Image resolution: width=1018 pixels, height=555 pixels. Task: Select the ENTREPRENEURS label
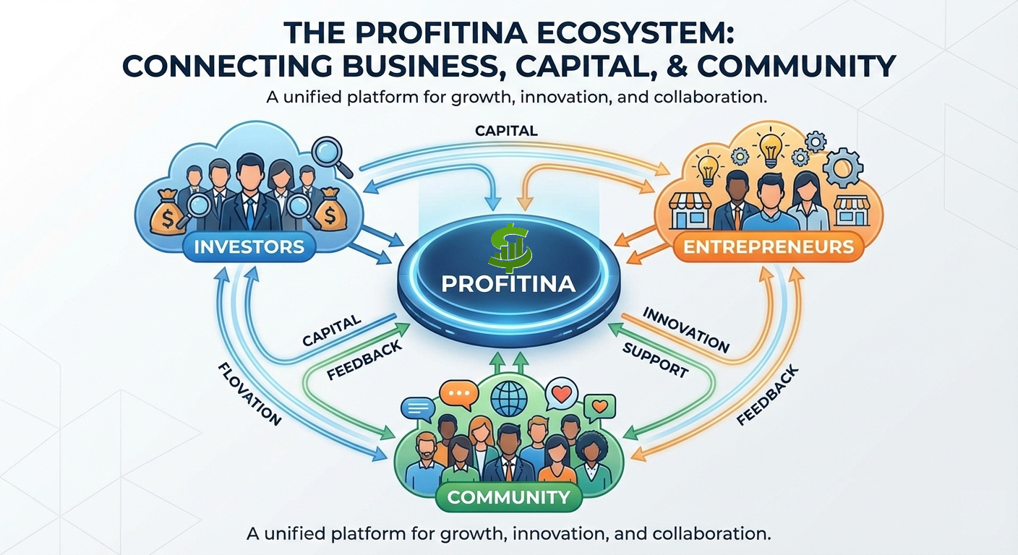coord(768,247)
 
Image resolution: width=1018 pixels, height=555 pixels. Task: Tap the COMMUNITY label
coord(508,497)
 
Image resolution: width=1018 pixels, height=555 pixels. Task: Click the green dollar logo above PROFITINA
coord(509,246)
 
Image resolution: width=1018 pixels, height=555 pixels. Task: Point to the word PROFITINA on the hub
coord(508,283)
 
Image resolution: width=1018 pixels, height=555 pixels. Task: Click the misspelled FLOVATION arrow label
coord(248,395)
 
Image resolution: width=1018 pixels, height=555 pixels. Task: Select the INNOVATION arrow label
coord(685,330)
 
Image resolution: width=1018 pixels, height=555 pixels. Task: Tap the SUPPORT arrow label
coord(654,359)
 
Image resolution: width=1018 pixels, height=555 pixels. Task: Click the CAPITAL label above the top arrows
coord(506,131)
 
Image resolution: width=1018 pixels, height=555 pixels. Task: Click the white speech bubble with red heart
coord(560,395)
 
